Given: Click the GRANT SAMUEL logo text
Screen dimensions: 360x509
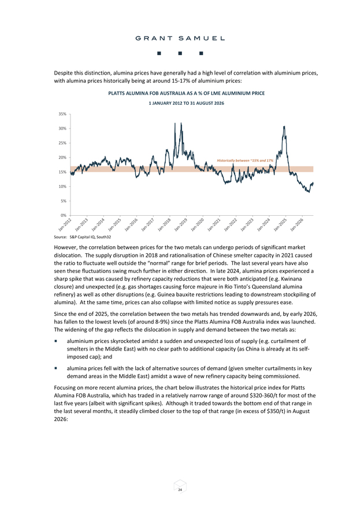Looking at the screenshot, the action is click(180, 38).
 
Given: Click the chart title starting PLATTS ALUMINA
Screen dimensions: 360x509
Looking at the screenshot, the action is click(187, 93).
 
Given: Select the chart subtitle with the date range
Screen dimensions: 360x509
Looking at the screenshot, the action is click(187, 103).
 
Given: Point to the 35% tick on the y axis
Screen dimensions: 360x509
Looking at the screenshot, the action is click(62, 114).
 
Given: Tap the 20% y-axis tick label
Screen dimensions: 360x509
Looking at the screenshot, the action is click(62, 157).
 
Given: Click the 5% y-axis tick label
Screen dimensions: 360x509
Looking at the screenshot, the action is click(63, 201).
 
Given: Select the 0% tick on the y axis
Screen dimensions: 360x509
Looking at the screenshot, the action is click(63, 215).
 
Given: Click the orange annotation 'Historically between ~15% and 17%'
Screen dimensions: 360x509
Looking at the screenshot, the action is click(245, 160).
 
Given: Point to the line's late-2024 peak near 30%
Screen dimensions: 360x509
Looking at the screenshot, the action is click(284, 126).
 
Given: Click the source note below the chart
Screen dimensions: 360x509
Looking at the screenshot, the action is click(83, 237).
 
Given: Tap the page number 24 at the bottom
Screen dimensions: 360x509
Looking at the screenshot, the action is click(180, 489).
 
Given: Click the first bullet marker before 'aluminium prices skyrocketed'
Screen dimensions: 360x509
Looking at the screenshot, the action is click(56, 341).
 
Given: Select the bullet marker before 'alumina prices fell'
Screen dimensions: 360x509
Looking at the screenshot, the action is click(56, 368).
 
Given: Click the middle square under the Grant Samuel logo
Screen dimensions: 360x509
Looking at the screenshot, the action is click(180, 53).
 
